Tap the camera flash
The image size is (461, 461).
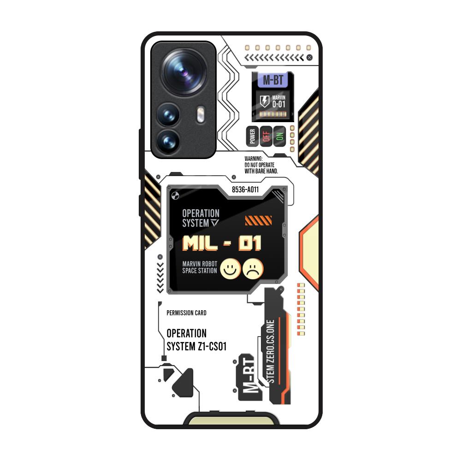(200, 115)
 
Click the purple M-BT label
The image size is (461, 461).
(273, 80)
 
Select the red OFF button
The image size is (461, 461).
(265, 136)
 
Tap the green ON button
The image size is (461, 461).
(279, 136)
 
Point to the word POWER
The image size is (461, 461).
(252, 136)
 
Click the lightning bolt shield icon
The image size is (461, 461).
(265, 101)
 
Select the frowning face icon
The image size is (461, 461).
(253, 269)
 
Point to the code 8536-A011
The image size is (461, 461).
(245, 190)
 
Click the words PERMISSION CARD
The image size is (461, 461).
(186, 313)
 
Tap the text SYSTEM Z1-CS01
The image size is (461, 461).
(196, 346)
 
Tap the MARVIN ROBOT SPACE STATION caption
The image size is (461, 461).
(200, 267)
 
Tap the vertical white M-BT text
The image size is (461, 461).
(249, 378)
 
